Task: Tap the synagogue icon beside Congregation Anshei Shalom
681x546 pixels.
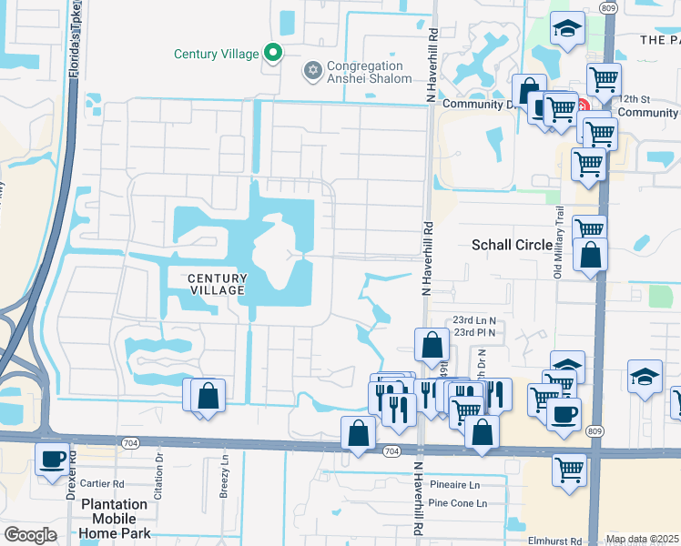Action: [x=312, y=70]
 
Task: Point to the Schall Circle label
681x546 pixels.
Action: [x=512, y=245]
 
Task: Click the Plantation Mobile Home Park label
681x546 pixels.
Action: [x=114, y=518]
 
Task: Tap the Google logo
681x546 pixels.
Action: [x=30, y=535]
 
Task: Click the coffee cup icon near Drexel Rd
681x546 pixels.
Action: [x=54, y=459]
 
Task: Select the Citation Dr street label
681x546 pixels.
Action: [x=159, y=469]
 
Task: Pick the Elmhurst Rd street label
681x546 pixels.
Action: [x=554, y=540]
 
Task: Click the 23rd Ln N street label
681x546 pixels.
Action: [x=474, y=321]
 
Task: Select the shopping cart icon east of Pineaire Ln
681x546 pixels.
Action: [x=570, y=470]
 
